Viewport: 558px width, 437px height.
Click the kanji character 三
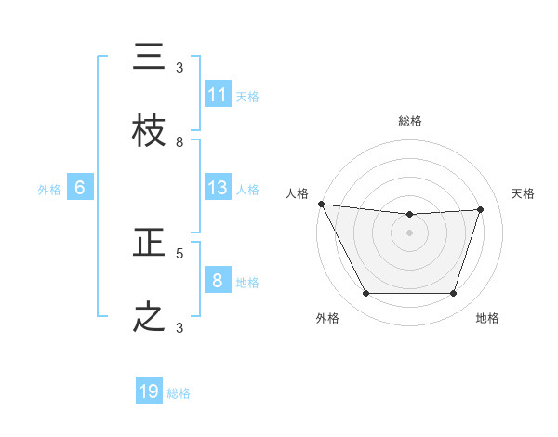[149, 58]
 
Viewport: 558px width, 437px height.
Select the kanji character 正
[149, 243]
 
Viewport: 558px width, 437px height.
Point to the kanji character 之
[149, 317]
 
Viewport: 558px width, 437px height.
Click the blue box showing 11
[218, 95]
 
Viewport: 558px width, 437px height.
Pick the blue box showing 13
[218, 188]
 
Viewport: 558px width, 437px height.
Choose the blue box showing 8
[218, 281]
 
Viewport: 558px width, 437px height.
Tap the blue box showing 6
[80, 188]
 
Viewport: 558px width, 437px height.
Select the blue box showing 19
[149, 391]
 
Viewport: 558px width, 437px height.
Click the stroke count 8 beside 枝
[179, 142]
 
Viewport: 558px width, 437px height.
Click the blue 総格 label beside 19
[179, 393]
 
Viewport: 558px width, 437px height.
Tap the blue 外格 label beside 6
[49, 190]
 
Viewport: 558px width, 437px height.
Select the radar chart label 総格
[409, 121]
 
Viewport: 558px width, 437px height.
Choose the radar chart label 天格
[523, 193]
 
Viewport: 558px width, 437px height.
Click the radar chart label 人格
[297, 193]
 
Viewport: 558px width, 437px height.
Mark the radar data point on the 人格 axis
[321, 204]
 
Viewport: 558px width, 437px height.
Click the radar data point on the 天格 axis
[481, 209]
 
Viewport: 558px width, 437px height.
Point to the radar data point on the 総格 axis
[409, 215]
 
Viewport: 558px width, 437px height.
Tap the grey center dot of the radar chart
[409, 232]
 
